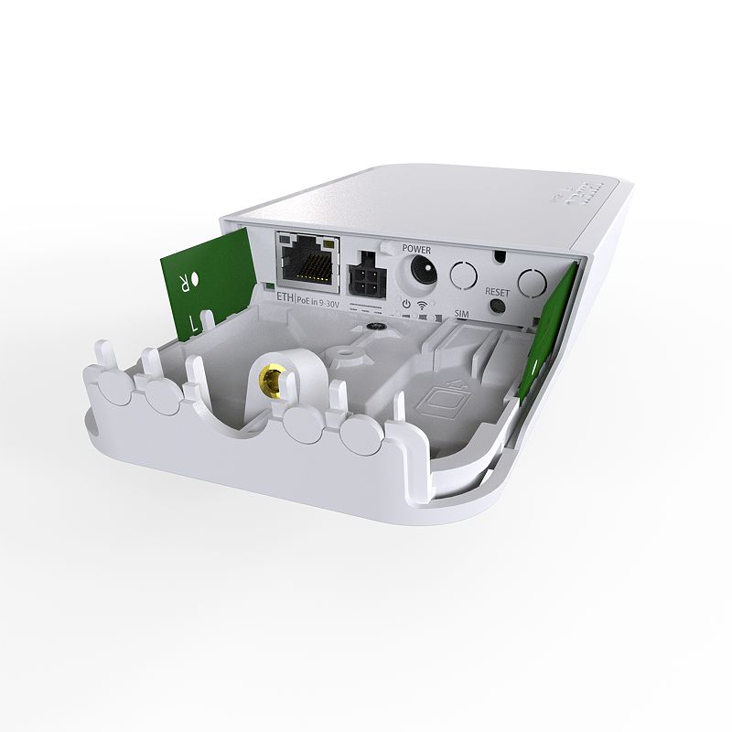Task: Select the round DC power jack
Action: click(x=421, y=271)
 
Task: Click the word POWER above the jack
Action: click(x=416, y=248)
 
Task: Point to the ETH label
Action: click(x=285, y=296)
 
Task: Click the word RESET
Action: click(x=497, y=292)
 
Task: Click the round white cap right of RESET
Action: click(x=533, y=282)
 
